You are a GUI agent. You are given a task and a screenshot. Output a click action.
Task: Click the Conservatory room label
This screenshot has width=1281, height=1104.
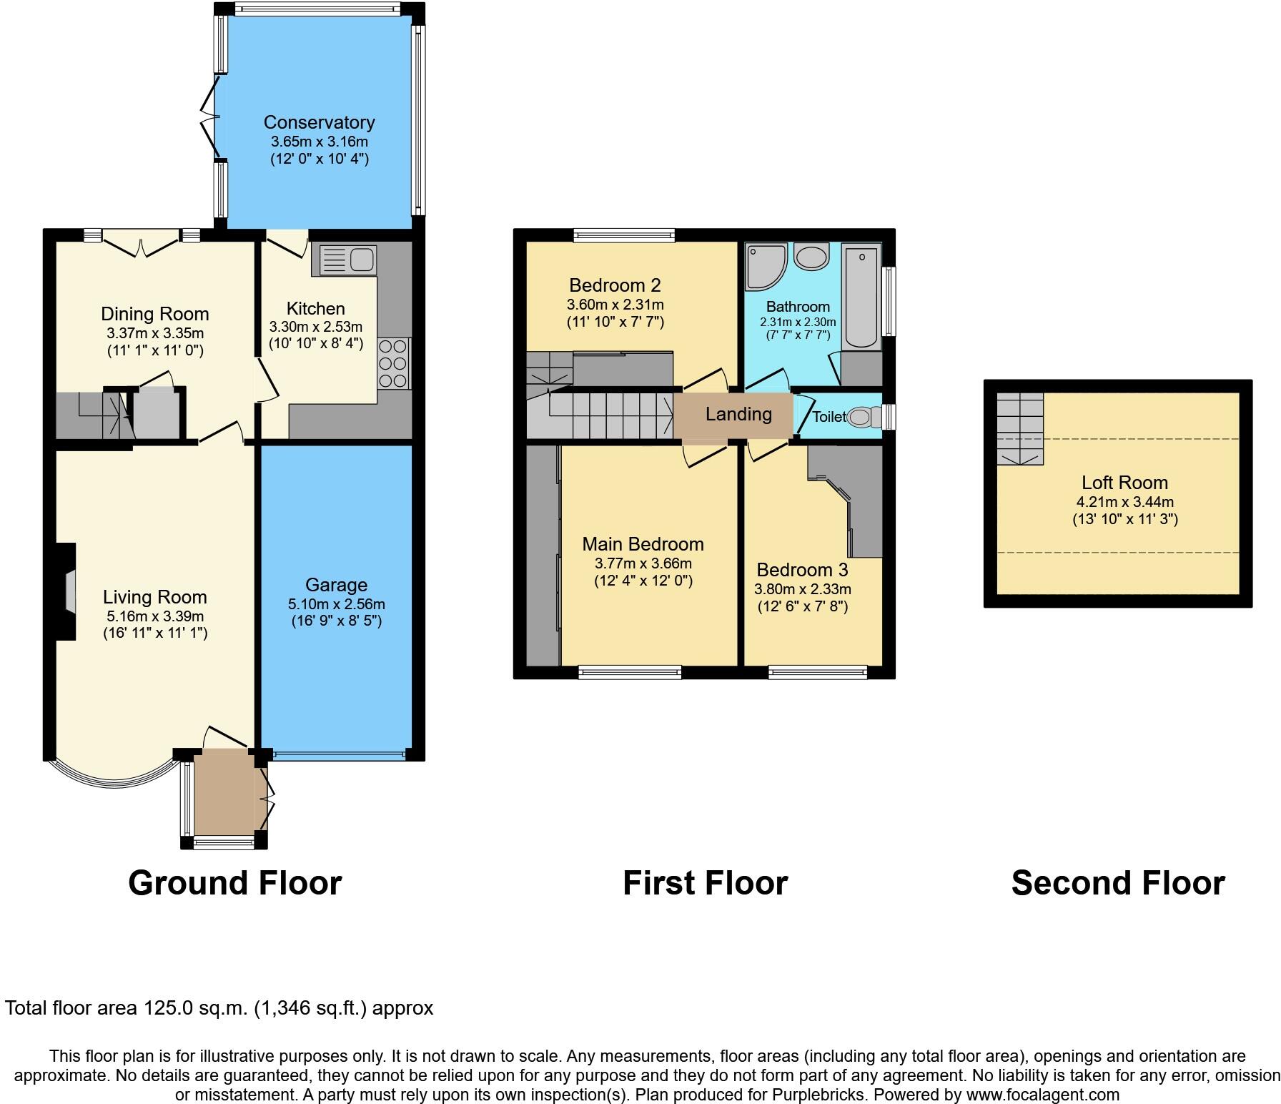tap(319, 122)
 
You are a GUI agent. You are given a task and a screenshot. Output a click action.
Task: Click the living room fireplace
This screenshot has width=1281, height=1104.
tap(69, 591)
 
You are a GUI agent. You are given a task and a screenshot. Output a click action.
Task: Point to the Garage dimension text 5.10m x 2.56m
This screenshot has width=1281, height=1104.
tap(336, 604)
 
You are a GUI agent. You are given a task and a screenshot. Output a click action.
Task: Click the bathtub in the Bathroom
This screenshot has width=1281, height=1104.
tap(861, 297)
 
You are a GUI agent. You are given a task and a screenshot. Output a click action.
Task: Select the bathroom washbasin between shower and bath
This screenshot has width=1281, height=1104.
tap(812, 257)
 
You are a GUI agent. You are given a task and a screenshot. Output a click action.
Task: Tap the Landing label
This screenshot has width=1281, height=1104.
tap(738, 414)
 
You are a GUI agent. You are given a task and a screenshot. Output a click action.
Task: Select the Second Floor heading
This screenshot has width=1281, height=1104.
tap(1117, 883)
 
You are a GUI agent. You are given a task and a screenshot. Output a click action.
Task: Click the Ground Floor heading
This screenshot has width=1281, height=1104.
tap(234, 883)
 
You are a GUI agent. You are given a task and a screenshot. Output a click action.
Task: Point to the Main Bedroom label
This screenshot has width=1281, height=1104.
tap(643, 544)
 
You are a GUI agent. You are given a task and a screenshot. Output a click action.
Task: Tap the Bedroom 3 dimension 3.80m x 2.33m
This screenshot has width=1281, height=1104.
tap(802, 589)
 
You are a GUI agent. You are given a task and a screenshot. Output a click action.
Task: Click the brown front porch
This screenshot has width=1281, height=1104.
tap(225, 792)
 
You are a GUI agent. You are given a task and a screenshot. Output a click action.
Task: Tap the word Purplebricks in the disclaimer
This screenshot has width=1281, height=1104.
tap(819, 1094)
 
